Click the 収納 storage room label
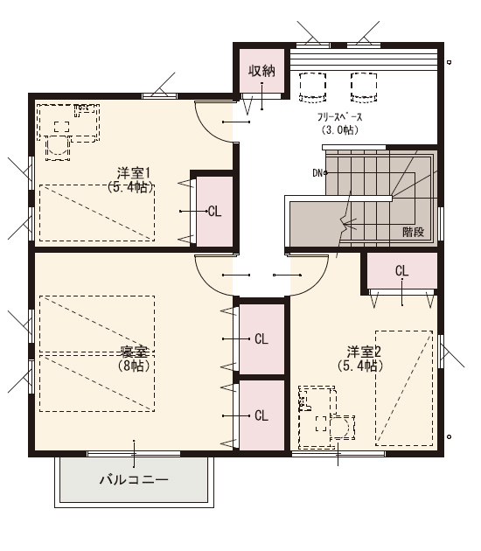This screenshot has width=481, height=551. [x=261, y=71]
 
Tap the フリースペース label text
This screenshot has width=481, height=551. [x=339, y=117]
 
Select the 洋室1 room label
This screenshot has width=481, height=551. [x=134, y=173]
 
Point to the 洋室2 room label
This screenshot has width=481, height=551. [x=364, y=352]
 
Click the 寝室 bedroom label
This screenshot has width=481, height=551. [x=134, y=352]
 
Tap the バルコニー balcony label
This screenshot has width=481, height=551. [x=134, y=479]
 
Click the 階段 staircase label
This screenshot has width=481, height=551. [x=413, y=232]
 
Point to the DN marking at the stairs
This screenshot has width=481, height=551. [x=317, y=173]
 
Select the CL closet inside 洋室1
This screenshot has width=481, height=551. [x=214, y=212]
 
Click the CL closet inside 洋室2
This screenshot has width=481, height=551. [x=402, y=271]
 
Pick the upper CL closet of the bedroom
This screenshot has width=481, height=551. [x=261, y=339]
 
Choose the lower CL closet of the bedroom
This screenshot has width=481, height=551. [x=261, y=416]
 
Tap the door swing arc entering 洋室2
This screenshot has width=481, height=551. [x=317, y=283]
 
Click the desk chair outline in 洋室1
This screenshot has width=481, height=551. [x=57, y=149]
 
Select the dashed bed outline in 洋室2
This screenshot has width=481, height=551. [x=404, y=388]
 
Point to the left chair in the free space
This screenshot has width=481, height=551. [x=313, y=87]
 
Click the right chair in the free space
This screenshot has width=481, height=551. [x=364, y=87]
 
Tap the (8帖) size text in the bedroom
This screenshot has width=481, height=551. [x=134, y=366]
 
